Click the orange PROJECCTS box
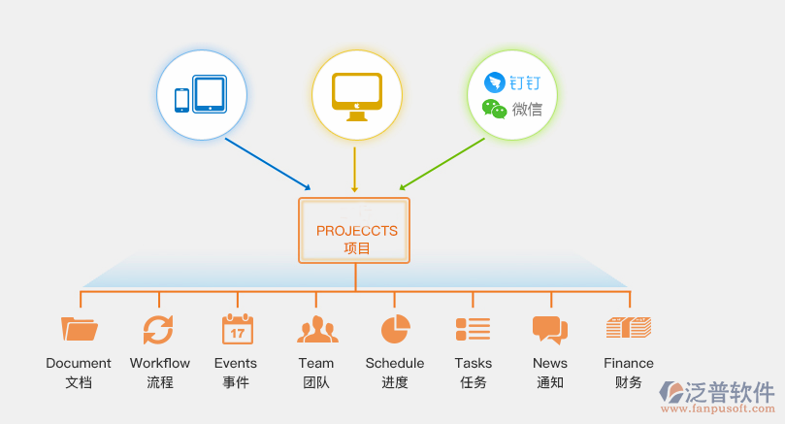354,230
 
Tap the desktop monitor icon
355,94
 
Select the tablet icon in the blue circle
210,94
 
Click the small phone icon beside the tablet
181,100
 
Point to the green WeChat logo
495,109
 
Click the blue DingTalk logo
496,82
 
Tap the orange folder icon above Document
80,329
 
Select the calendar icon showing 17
237,329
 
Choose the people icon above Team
316,330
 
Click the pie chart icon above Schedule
395,329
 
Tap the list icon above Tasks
473,329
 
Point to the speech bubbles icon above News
549,330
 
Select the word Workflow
160,364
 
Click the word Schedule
395,364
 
